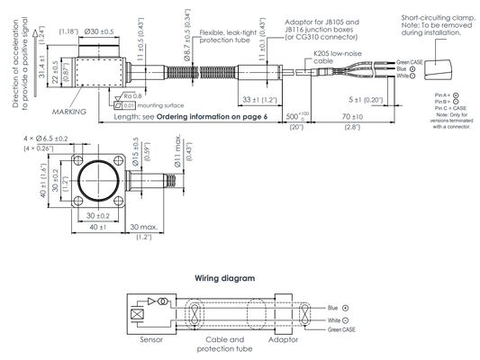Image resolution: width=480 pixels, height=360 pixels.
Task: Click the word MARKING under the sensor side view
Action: click(x=69, y=111)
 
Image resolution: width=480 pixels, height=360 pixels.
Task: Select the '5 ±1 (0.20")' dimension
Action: click(x=367, y=99)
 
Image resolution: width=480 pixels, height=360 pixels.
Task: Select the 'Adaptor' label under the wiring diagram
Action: click(x=285, y=342)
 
